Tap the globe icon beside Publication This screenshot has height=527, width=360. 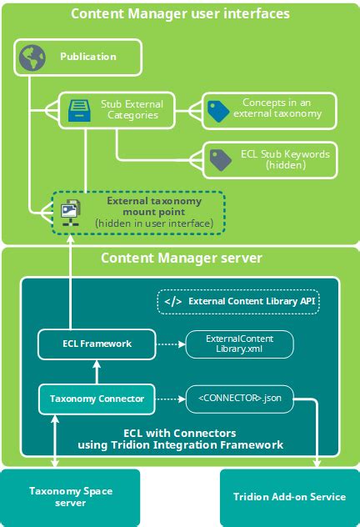32,57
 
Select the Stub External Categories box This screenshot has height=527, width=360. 117,109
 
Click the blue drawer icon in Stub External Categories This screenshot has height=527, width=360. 78,109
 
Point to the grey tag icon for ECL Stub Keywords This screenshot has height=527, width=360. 220,159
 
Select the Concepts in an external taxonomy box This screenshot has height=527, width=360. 268,110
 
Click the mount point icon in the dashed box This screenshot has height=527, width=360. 70,212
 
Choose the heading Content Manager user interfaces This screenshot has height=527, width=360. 180,14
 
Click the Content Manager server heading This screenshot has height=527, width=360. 180,258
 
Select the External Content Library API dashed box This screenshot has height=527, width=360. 238,301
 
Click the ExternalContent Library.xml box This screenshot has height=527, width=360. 239,342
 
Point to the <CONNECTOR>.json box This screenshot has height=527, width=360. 238,399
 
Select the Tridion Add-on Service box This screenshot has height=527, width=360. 289,497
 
